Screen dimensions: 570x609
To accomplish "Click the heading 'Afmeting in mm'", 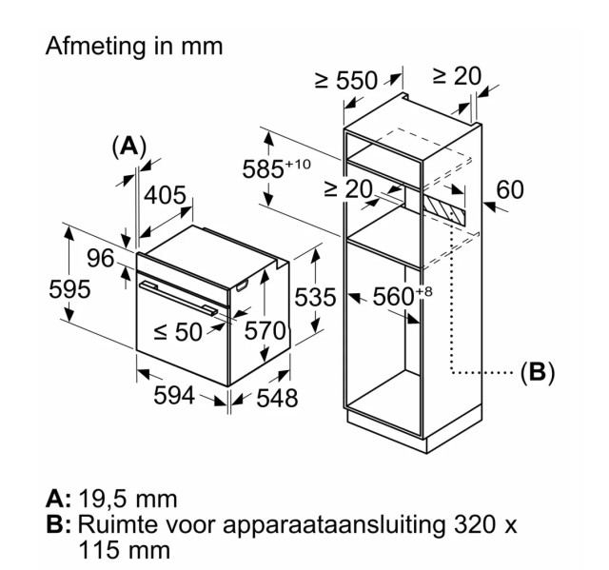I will pos(133,46).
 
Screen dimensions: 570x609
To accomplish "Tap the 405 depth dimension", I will pos(165,196).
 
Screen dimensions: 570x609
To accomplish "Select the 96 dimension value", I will pos(100,258).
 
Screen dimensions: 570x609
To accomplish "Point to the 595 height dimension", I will pos(69,289).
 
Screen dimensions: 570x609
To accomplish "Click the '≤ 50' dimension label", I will pos(178,332).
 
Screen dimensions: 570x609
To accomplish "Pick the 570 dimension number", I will pos(265,331).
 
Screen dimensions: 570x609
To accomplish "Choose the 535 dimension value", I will pos(314,298).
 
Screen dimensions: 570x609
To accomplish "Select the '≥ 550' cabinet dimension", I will pos(346,80).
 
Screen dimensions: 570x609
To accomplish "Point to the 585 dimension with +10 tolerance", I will pos(277,169).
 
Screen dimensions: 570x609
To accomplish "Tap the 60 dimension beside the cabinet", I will pos(510,190).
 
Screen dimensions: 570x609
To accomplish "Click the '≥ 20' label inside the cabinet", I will pos(347,189).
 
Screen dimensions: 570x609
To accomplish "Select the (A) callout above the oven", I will pos(128,147).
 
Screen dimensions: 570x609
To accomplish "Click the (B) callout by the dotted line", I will pos(537,372).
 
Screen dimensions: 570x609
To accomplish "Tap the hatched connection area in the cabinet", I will pos(447,206).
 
